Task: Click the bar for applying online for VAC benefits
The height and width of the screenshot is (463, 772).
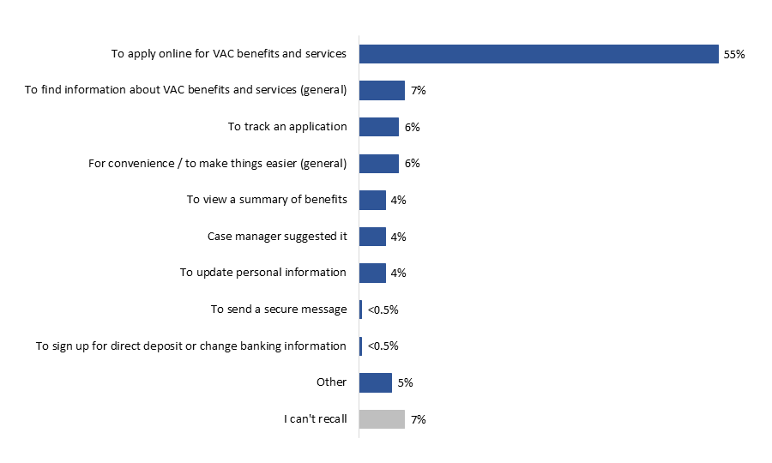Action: click(x=538, y=54)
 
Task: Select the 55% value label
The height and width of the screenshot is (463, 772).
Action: click(x=734, y=54)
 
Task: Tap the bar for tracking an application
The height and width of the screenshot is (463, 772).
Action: click(x=378, y=127)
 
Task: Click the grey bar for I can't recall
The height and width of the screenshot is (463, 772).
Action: click(x=382, y=419)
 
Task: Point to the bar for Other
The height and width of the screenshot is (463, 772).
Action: click(x=375, y=382)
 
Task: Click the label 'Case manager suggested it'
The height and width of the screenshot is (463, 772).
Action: click(x=277, y=236)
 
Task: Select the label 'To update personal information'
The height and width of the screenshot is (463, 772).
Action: click(x=263, y=273)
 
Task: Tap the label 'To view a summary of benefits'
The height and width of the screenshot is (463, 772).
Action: click(x=267, y=200)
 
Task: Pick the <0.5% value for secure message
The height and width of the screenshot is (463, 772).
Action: click(x=383, y=310)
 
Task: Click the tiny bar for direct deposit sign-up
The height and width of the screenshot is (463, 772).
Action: click(x=360, y=346)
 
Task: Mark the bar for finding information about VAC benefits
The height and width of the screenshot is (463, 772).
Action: click(x=382, y=90)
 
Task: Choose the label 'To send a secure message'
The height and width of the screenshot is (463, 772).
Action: click(x=279, y=310)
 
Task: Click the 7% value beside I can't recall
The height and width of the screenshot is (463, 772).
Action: click(x=418, y=419)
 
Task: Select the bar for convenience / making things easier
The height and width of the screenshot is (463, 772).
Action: click(x=378, y=163)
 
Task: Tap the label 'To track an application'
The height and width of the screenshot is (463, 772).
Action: click(x=287, y=127)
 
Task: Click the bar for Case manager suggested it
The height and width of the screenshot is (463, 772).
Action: click(x=372, y=237)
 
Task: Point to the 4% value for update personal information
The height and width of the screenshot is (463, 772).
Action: click(x=398, y=273)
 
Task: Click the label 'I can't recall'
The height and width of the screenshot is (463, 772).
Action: click(x=316, y=419)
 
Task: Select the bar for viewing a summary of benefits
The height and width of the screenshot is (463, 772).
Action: click(x=372, y=200)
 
